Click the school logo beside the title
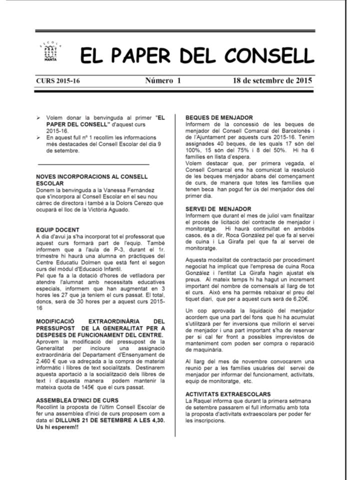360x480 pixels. click(50, 52)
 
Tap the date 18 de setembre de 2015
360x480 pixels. click(272, 80)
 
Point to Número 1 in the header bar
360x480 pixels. click(163, 80)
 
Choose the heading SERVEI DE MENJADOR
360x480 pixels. click(218, 208)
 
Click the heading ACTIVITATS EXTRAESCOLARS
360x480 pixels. click(227, 394)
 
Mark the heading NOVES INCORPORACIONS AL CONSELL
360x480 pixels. click(92, 176)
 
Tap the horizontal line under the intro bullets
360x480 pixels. click(93, 164)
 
